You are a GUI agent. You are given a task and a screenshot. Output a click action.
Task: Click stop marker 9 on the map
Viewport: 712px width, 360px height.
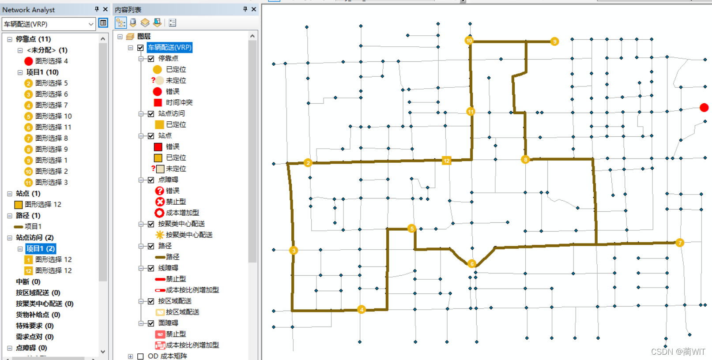point(554,41)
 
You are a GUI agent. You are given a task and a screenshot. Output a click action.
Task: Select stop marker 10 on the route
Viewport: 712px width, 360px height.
point(469,41)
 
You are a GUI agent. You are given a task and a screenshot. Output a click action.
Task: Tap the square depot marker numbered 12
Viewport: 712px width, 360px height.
point(446,161)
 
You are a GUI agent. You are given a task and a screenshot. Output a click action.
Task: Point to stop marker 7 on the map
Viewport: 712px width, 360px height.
point(680,243)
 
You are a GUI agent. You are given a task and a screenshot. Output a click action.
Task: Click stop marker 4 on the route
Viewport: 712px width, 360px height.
point(362,309)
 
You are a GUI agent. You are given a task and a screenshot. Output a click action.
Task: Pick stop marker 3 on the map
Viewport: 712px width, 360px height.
point(294,251)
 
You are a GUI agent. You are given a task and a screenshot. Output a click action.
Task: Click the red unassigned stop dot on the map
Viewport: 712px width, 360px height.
point(704,107)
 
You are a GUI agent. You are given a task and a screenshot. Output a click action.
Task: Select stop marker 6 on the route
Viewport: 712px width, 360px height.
point(472,264)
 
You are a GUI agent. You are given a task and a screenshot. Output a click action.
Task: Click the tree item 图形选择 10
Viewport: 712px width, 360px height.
point(53,116)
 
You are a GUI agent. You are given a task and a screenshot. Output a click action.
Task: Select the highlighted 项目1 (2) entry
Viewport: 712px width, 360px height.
point(40,248)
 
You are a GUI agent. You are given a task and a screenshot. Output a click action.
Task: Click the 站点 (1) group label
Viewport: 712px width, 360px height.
point(28,193)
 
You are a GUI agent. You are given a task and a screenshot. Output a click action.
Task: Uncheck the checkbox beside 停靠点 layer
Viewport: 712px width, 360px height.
point(151,59)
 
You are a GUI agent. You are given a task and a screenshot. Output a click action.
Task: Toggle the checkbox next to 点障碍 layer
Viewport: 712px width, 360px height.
point(151,180)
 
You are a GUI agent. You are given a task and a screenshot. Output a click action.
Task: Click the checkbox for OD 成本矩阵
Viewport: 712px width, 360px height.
point(140,356)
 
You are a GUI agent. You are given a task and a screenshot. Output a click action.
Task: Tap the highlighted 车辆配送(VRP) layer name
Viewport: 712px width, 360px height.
point(170,47)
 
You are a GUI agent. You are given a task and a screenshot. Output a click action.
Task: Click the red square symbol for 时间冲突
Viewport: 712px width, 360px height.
point(158,102)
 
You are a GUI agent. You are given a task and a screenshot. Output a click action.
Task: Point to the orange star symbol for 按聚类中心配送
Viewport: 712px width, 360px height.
point(160,235)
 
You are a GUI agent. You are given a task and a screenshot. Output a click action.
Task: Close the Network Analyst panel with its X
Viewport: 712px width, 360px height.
point(105,9)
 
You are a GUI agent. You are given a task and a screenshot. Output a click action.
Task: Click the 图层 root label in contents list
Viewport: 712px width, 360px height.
point(144,36)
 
